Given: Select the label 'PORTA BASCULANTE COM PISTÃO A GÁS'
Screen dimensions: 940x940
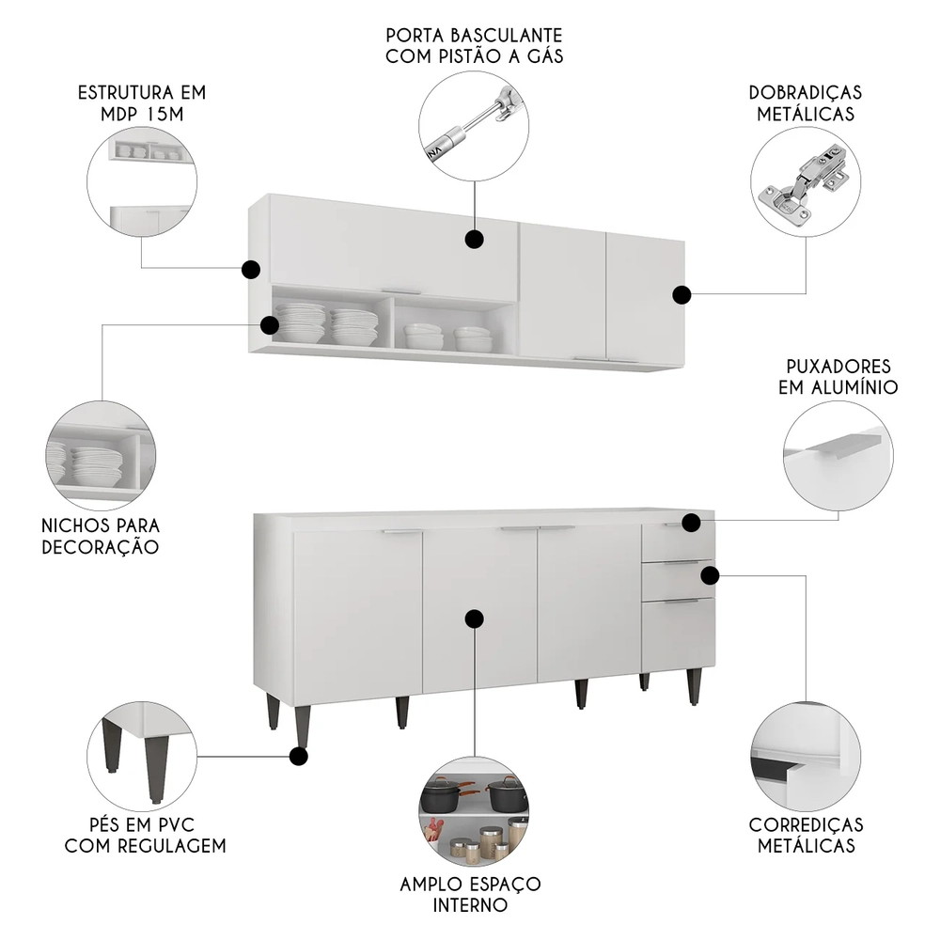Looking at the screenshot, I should click(474, 45).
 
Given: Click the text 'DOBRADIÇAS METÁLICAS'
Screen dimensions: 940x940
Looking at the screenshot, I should click(806, 103).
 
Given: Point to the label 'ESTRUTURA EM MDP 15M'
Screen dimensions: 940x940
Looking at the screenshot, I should click(142, 103).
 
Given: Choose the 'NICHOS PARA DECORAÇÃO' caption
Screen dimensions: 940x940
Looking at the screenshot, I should click(101, 536).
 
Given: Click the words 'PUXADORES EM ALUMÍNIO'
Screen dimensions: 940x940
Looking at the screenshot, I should click(838, 376).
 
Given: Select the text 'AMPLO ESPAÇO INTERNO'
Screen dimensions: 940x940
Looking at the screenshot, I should click(471, 895).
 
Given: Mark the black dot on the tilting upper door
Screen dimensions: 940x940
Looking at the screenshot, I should click(475, 239).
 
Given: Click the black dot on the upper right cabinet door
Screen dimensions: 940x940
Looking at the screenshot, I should click(681, 295).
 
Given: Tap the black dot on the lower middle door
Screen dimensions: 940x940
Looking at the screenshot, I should click(475, 618).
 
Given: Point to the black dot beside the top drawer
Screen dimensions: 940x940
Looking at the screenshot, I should click(691, 523).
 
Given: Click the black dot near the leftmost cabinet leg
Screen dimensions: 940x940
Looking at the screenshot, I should click(300, 755).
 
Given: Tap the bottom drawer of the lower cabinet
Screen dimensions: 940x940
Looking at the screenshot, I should click(678, 634).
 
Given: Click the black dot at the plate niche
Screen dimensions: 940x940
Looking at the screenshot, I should click(270, 325).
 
